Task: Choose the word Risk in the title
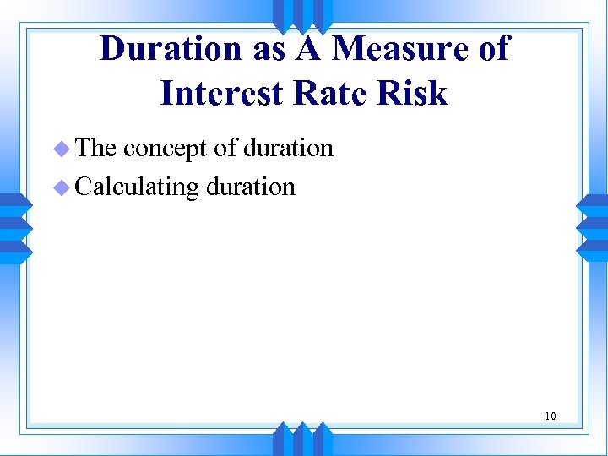click(411, 93)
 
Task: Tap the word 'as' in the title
click(268, 51)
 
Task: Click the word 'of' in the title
click(493, 49)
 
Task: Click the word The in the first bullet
click(95, 149)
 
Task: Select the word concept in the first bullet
click(165, 149)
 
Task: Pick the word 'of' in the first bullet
click(225, 149)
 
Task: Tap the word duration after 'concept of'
click(288, 149)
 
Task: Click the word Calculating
click(137, 187)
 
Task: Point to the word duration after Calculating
click(251, 186)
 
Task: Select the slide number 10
click(550, 415)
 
